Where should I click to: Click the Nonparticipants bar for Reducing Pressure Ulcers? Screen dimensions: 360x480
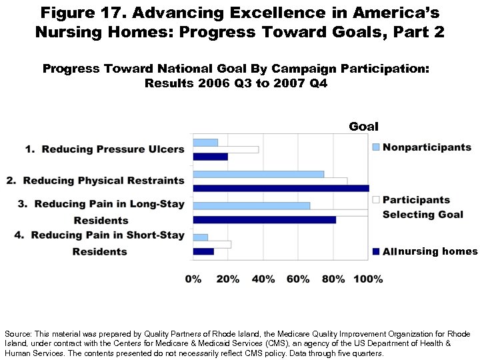[x=205, y=142]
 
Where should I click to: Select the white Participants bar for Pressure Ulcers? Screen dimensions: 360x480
[x=225, y=149]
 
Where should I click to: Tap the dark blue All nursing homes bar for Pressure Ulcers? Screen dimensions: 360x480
[x=210, y=157]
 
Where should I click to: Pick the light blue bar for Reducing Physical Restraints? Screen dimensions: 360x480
[x=258, y=173]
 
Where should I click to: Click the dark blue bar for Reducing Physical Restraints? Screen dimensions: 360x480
[x=280, y=189]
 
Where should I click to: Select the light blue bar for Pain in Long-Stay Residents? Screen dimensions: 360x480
[x=251, y=205]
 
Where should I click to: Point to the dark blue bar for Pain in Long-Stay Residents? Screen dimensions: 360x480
[x=264, y=220]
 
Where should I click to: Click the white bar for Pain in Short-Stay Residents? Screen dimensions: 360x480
[x=212, y=244]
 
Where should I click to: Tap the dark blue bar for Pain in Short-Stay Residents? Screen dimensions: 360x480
[x=203, y=251]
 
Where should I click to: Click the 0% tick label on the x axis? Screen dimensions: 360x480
[x=193, y=279]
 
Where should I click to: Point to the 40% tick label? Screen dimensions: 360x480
[x=263, y=279]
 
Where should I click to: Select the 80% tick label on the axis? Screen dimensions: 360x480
[x=333, y=279]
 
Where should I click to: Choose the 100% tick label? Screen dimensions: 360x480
[x=368, y=279]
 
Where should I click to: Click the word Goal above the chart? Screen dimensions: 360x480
[x=363, y=127]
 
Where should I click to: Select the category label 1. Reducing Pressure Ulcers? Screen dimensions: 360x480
[x=105, y=149]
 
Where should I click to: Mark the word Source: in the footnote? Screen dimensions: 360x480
[x=16, y=333]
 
